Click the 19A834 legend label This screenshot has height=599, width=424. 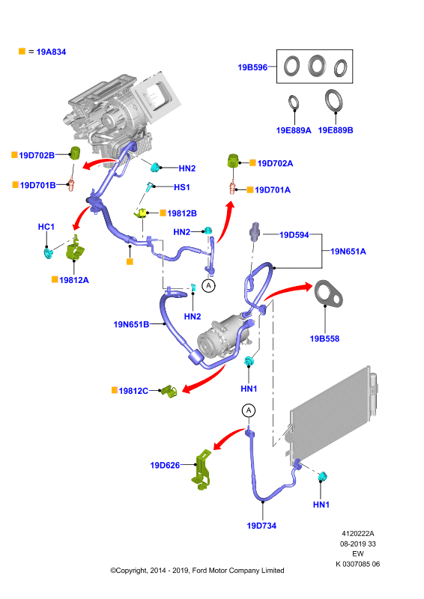click(51, 52)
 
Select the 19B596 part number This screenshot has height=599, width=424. click(252, 67)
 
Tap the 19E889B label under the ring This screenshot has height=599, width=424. click(336, 130)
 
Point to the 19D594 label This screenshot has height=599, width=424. click(294, 235)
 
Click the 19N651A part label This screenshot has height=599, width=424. click(348, 252)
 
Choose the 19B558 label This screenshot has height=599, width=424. click(324, 338)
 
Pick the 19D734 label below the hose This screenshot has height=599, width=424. click(261, 526)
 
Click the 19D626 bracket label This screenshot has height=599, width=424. click(165, 465)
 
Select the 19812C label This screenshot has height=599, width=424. click(133, 391)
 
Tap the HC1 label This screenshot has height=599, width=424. click(46, 227)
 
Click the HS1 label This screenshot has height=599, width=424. click(182, 187)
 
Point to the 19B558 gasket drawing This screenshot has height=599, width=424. click(328, 294)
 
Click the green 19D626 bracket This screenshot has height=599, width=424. click(202, 470)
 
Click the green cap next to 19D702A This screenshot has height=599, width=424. click(232, 160)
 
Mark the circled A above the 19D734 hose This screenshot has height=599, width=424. click(249, 410)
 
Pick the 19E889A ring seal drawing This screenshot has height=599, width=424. click(294, 103)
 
